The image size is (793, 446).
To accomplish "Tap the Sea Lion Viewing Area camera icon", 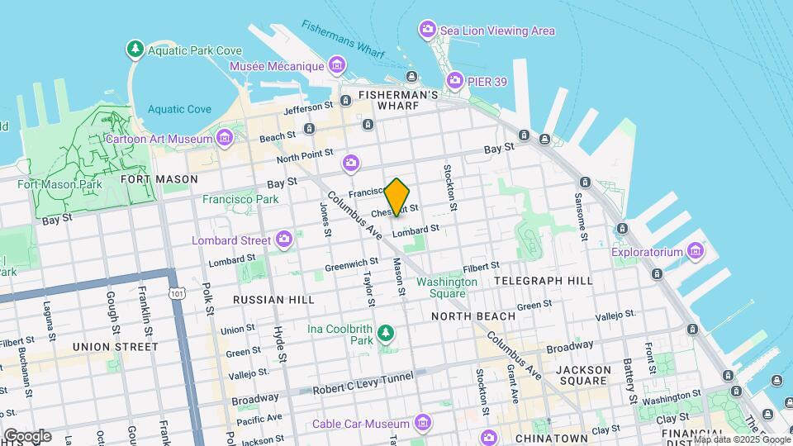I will pyautogui.click(x=427, y=31).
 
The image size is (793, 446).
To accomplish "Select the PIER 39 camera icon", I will pyautogui.click(x=454, y=80).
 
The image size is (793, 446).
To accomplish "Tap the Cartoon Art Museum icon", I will pyautogui.click(x=225, y=139).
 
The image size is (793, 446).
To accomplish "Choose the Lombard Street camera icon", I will pyautogui.click(x=284, y=240).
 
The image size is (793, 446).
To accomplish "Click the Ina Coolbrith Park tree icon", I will pyautogui.click(x=385, y=333).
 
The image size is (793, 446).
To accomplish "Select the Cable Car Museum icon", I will pyautogui.click(x=422, y=424).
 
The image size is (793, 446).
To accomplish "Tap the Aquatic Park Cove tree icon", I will pyautogui.click(x=135, y=50).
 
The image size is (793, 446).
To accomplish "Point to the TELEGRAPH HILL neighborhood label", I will pyautogui.click(x=543, y=281).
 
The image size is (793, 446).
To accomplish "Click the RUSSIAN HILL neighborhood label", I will pyautogui.click(x=273, y=299).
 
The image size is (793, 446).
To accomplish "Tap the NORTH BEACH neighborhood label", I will pyautogui.click(x=473, y=316).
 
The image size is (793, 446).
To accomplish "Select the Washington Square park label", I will pyautogui.click(x=446, y=287).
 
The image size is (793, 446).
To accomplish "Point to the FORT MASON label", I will pyautogui.click(x=159, y=178).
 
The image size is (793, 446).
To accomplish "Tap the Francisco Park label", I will pyautogui.click(x=240, y=199).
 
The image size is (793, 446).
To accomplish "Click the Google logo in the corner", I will pyautogui.click(x=26, y=435).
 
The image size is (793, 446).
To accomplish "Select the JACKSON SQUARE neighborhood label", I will pyautogui.click(x=583, y=375).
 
